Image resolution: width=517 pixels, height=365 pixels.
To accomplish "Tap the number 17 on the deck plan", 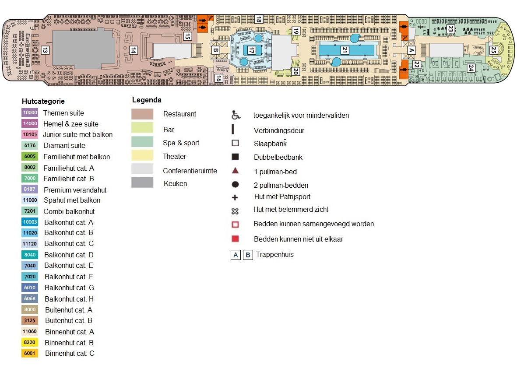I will [x=251, y=50].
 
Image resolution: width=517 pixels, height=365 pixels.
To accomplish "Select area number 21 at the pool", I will [x=345, y=50].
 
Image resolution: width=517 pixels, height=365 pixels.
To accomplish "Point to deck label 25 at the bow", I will [x=494, y=50].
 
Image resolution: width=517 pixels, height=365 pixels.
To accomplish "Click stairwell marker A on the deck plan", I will [x=411, y=50].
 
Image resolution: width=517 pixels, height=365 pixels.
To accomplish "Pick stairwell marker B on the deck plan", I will [x=215, y=50].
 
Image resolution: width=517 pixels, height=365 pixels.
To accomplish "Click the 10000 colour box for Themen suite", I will [x=30, y=113].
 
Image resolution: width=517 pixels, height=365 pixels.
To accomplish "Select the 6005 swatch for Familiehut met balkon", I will [x=30, y=157].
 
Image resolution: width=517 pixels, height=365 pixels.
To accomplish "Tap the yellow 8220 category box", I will [x=30, y=343].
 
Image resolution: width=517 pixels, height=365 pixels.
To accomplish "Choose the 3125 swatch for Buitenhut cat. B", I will [x=30, y=320].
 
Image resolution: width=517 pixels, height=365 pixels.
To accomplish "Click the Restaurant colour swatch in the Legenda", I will [x=142, y=114].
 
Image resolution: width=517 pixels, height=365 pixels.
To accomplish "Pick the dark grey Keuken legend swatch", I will [x=142, y=182].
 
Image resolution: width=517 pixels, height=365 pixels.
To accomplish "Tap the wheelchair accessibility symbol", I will [x=236, y=115].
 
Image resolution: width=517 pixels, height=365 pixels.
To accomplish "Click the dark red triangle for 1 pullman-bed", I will [x=235, y=171].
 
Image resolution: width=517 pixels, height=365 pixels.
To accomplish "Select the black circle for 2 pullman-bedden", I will [x=235, y=185].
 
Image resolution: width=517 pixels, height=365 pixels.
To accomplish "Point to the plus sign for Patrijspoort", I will [x=235, y=197].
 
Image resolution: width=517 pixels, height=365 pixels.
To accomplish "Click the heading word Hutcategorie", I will [x=43, y=101].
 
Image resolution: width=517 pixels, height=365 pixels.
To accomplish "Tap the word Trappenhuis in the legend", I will [x=275, y=254].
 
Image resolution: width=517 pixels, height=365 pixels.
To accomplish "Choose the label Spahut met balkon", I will [x=72, y=200].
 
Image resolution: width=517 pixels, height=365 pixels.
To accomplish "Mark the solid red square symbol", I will [x=235, y=239].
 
